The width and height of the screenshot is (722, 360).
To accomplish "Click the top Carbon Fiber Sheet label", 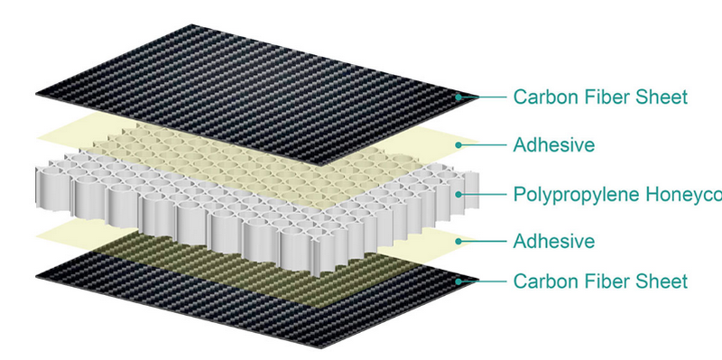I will click(x=600, y=97).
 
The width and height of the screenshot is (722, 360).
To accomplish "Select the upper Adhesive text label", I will click(x=553, y=144).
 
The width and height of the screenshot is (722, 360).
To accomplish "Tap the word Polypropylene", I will click(x=568, y=194).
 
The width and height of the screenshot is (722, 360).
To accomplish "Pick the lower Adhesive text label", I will click(x=553, y=241).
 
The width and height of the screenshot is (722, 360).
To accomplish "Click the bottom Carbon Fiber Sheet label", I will click(x=600, y=282).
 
